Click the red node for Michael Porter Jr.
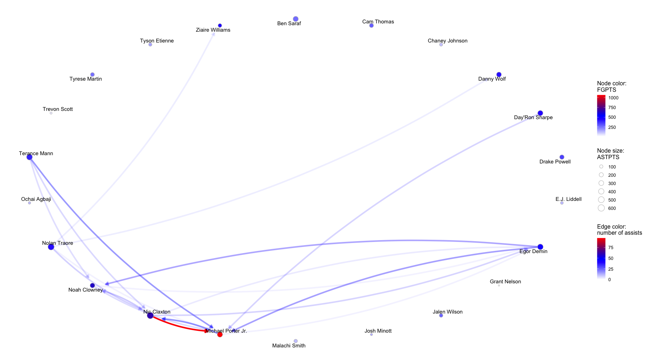tap(220, 334)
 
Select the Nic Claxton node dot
tap(150, 315)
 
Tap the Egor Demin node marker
tap(540, 247)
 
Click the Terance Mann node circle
tap(30, 157)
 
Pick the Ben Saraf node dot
tap(296, 19)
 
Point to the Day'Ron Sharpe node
tap(540, 113)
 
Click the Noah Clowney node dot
tap(93, 285)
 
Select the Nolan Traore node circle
tap(51, 247)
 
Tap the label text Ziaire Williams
tap(213, 30)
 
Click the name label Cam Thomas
tap(378, 22)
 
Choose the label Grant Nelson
tap(505, 282)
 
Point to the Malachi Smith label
tap(289, 346)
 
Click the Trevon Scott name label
tap(58, 109)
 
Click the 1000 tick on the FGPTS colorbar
tap(613, 98)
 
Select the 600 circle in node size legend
tap(601, 208)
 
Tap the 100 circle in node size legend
tap(601, 167)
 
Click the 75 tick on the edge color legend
tap(611, 248)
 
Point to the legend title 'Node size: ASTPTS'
tap(611, 154)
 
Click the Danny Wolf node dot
tap(499, 75)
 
